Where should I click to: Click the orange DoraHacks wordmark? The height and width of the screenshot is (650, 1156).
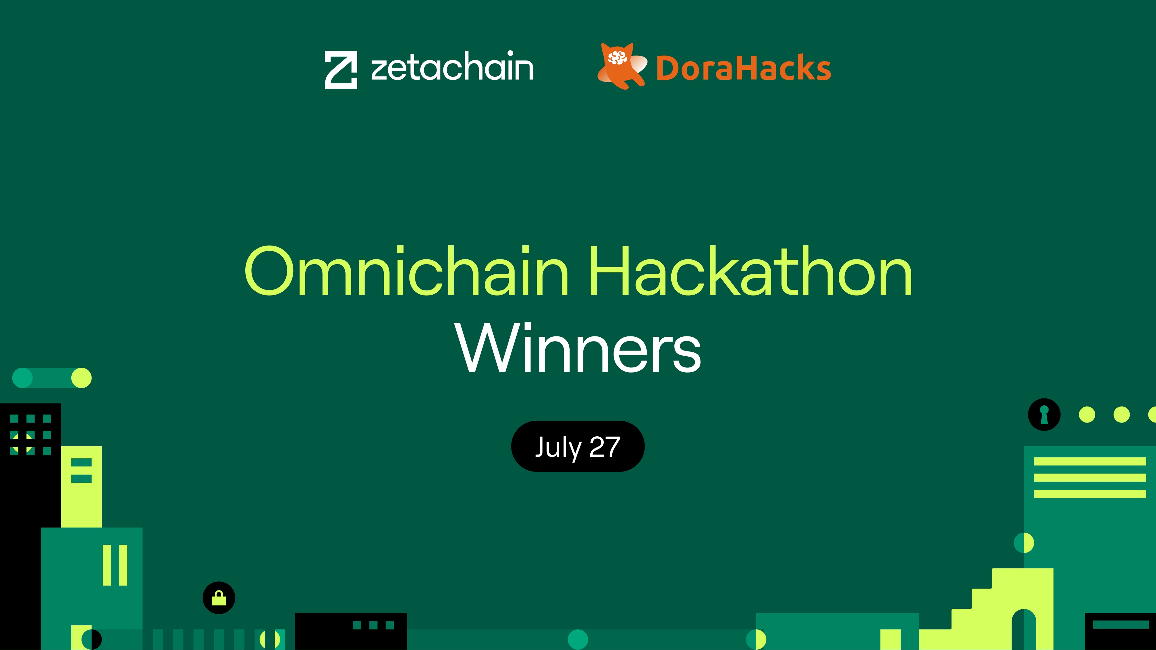[744, 68]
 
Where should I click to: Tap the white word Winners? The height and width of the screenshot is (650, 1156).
[578, 348]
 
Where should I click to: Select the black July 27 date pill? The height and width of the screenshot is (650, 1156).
[578, 446]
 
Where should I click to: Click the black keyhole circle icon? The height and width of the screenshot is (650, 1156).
[1044, 414]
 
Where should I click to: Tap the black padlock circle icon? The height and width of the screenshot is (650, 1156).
[219, 598]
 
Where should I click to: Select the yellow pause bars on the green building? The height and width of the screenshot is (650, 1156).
[115, 565]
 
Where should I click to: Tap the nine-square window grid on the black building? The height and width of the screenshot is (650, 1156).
[30, 435]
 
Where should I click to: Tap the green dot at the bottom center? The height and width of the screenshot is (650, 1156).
[578, 639]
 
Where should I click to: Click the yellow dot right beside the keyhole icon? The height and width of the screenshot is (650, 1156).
[1087, 414]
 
